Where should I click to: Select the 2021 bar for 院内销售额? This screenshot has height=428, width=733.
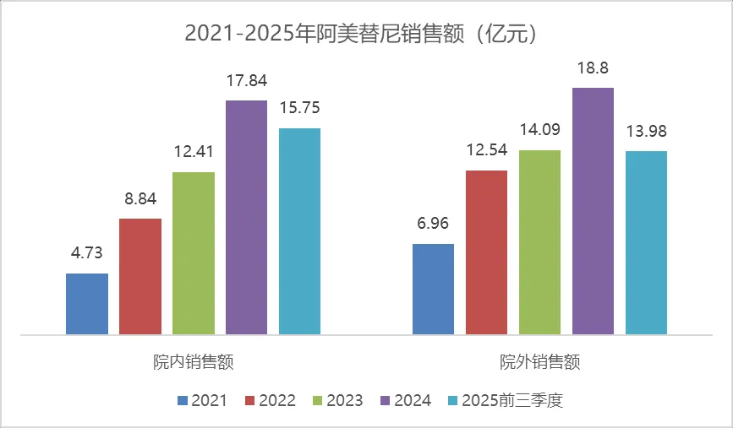pos(87,304)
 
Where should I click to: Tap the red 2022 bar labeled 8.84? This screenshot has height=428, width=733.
pos(140,276)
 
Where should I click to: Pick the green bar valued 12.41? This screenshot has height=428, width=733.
pos(194,253)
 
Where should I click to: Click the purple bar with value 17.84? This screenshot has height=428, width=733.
pos(246,217)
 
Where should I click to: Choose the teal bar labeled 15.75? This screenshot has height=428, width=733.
pos(299,231)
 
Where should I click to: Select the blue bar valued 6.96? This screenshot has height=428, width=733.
pos(433,289)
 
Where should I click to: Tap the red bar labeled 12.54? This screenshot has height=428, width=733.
pos(486,252)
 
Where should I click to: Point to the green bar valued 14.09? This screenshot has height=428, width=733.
pos(539,242)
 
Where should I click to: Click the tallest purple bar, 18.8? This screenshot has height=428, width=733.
pos(593,211)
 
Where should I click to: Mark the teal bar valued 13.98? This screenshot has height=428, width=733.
pos(646,243)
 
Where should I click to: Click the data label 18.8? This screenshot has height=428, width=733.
pos(593,68)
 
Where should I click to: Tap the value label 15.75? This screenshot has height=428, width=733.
pos(299,109)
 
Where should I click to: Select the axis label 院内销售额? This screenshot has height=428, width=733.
pos(194,362)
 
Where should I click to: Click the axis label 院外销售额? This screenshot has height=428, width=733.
pos(539,362)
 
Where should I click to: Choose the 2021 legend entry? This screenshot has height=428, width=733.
pos(202,400)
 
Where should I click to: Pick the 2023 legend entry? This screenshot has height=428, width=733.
pos(338,400)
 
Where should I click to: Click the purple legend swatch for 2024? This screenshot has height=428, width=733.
pos(386,400)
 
